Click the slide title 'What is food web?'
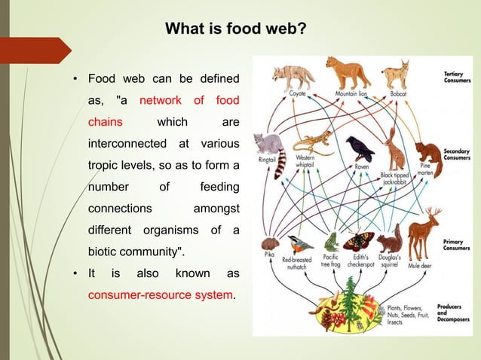click(x=235, y=30)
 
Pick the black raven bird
click(x=360, y=148)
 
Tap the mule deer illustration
click(x=424, y=234)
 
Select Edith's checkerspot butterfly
click(x=358, y=241)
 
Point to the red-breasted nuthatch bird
click(x=297, y=245)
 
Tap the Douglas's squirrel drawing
click(x=389, y=242)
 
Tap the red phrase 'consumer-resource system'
click(x=161, y=294)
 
